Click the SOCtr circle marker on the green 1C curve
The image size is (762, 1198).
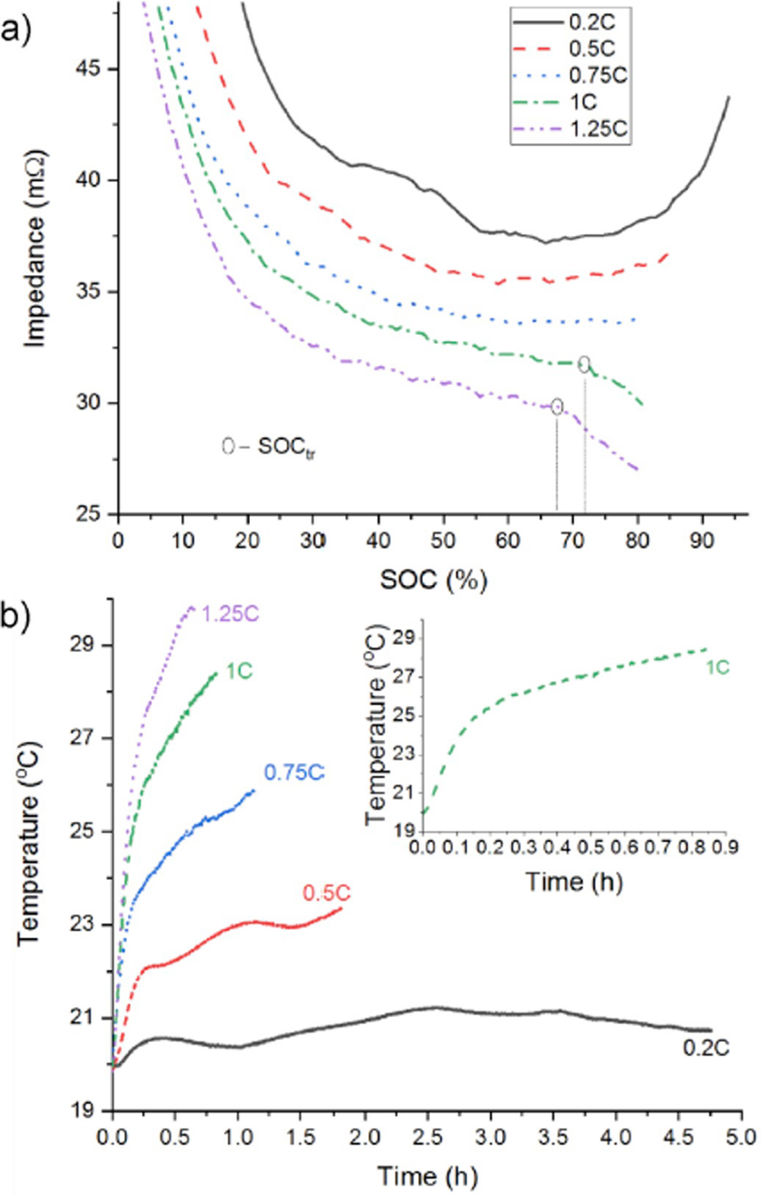pyautogui.click(x=584, y=364)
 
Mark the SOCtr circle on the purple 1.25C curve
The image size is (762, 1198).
pyautogui.click(x=557, y=406)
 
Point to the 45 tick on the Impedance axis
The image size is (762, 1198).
pyautogui.click(x=88, y=69)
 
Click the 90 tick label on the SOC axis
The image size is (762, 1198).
pyautogui.click(x=702, y=541)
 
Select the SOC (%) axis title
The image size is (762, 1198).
pyautogui.click(x=434, y=580)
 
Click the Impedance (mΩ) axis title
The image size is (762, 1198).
pyautogui.click(x=35, y=250)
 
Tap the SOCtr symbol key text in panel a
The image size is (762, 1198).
pyautogui.click(x=269, y=447)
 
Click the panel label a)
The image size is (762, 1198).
pyautogui.click(x=16, y=31)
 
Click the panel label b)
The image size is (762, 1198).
pyautogui.click(x=16, y=615)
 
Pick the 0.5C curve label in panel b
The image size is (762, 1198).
pyautogui.click(x=327, y=893)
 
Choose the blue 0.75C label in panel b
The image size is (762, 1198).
pyautogui.click(x=294, y=772)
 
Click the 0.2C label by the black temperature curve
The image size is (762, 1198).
pyautogui.click(x=706, y=1048)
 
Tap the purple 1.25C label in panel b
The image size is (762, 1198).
pyautogui.click(x=230, y=613)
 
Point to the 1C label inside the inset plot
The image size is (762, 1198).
pyautogui.click(x=717, y=668)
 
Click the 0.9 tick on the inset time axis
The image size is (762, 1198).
pyautogui.click(x=725, y=847)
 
